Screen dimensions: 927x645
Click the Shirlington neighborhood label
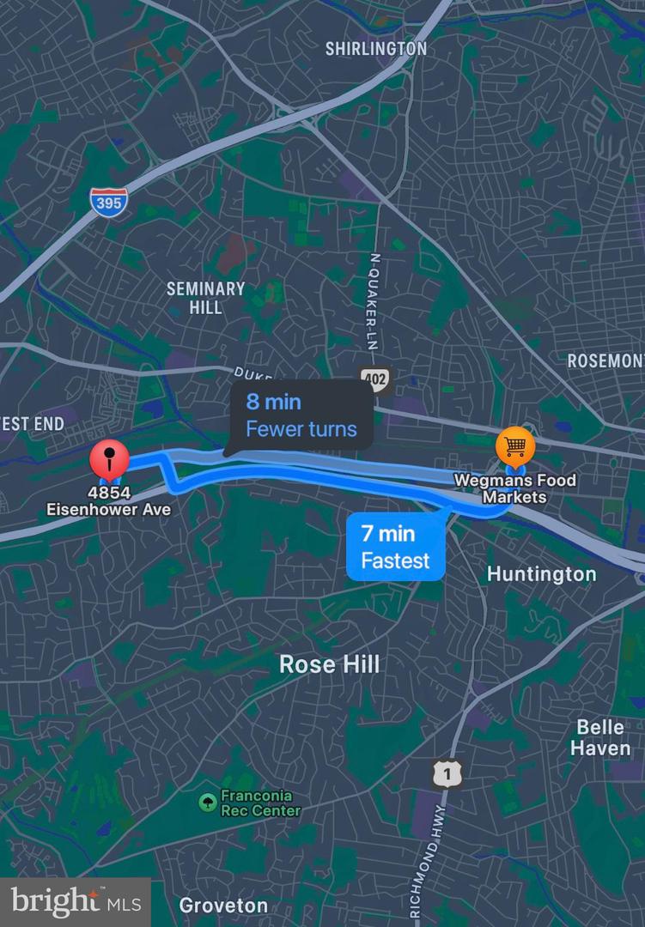click(x=375, y=49)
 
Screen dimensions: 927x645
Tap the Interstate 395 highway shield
click(x=109, y=202)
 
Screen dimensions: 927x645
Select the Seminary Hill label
click(x=205, y=298)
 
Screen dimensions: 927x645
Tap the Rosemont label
click(x=605, y=360)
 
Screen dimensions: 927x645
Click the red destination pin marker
click(x=110, y=460)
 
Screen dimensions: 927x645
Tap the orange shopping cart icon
click(x=515, y=445)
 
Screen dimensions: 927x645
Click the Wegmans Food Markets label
click(x=514, y=488)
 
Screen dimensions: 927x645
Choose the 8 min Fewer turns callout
click(x=301, y=415)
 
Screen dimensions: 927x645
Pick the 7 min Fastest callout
click(x=396, y=548)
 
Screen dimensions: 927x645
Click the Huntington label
click(x=541, y=574)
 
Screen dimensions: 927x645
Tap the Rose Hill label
click(x=329, y=664)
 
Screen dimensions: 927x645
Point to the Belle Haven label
click(x=600, y=738)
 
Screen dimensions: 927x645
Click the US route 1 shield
click(x=447, y=774)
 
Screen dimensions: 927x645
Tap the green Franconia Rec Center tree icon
click(x=206, y=803)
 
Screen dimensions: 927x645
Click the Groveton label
click(x=223, y=906)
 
